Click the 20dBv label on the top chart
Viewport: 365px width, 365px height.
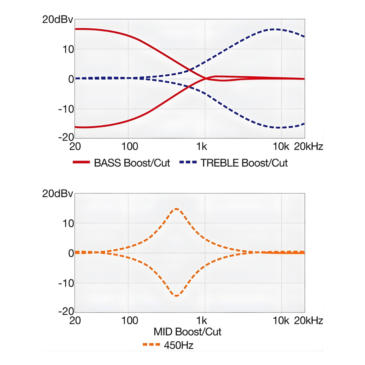[x=57, y=20]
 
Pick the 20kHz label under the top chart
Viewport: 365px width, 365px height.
[x=308, y=147]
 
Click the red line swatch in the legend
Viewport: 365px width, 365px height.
[x=81, y=163]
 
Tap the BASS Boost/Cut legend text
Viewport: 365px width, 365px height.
[x=132, y=163]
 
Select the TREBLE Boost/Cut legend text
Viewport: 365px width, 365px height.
[x=244, y=163]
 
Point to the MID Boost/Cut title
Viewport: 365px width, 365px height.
[x=188, y=332]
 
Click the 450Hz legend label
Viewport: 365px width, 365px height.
[x=179, y=345]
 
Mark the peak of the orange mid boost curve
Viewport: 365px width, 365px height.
[x=176, y=209]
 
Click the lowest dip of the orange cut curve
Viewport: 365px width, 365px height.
[x=176, y=296]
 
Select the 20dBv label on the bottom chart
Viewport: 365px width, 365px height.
[x=57, y=194]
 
